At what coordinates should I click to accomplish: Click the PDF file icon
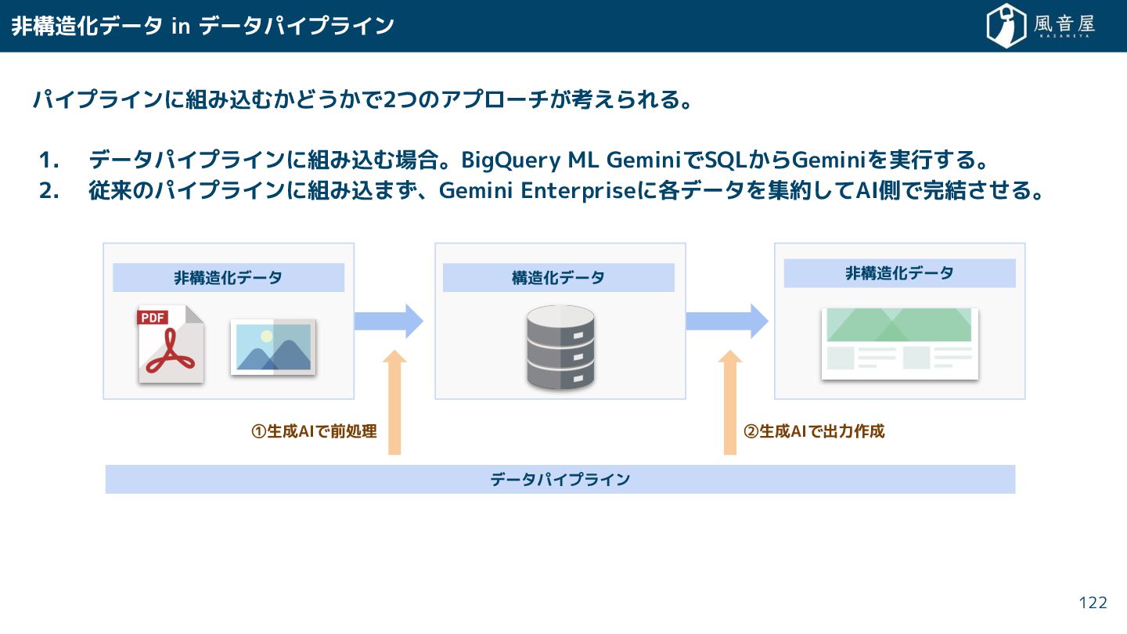point(171,344)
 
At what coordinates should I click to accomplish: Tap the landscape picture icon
point(273,347)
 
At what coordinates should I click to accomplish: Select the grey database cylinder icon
point(560,348)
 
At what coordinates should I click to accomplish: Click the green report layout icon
point(899,344)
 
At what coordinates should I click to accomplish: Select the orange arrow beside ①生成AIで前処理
point(394,402)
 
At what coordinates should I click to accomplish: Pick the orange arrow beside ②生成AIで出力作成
point(730,402)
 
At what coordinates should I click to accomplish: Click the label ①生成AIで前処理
point(314,431)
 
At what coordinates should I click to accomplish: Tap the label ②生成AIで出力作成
point(814,431)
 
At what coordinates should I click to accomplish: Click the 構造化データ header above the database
point(558,278)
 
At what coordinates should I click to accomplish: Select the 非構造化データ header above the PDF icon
point(228,278)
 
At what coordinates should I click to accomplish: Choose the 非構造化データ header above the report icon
point(899,273)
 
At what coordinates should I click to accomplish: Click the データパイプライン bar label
point(560,479)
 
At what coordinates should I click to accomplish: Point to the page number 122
point(1093,603)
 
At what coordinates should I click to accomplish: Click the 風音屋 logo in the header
point(1040,26)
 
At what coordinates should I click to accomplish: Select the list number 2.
point(49,191)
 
